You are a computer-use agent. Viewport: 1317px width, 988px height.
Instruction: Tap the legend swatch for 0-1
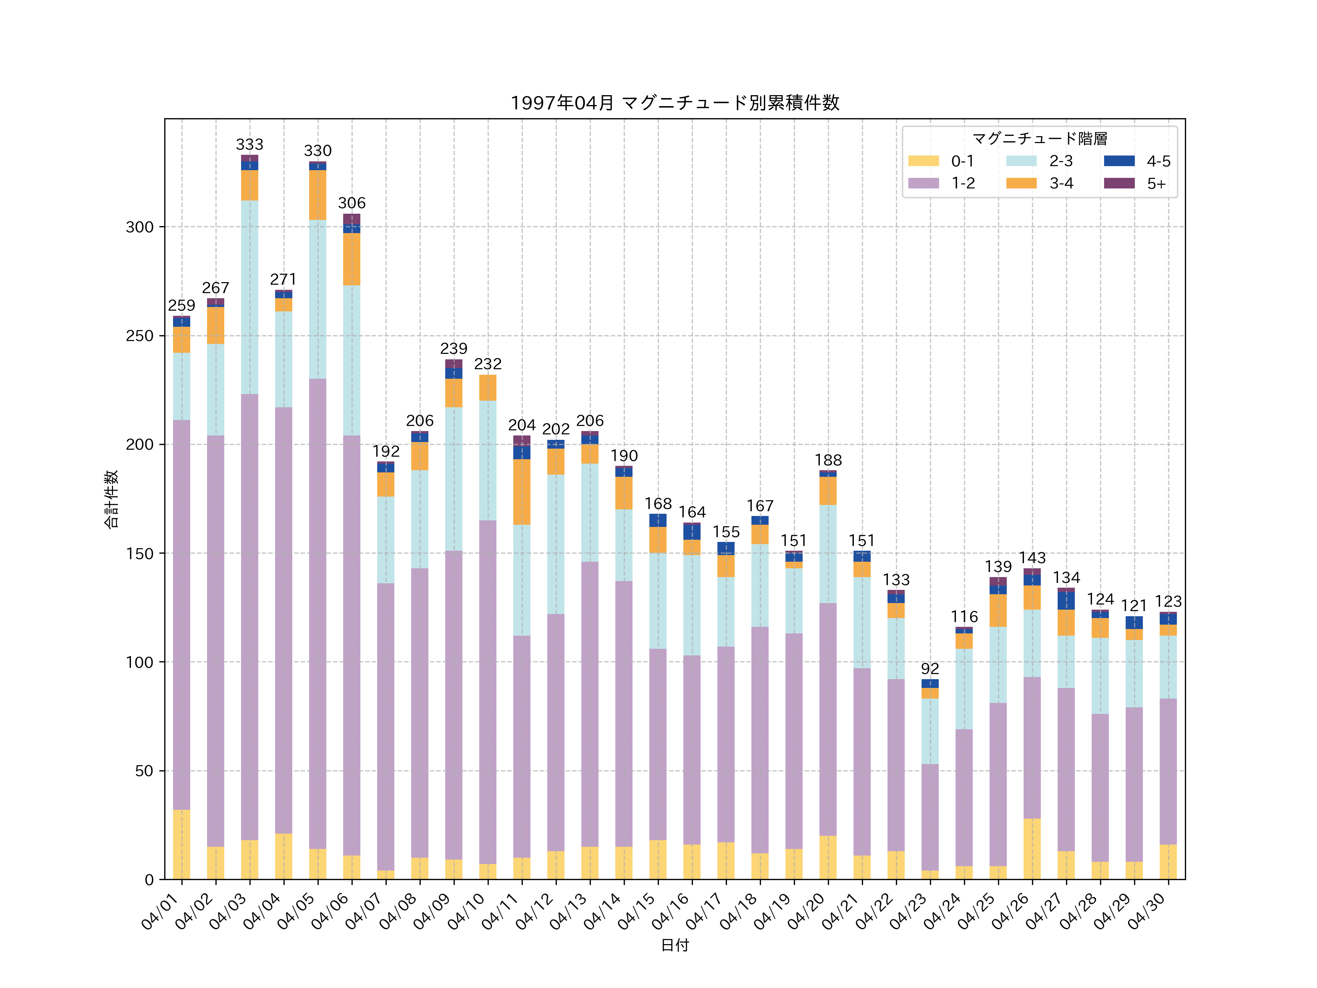pyautogui.click(x=923, y=161)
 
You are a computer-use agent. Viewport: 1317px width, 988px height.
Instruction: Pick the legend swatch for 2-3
pyautogui.click(x=1021, y=161)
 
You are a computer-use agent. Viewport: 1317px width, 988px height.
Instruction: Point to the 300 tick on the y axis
pyautogui.click(x=139, y=227)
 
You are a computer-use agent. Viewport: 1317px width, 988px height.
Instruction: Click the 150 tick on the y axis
pyautogui.click(x=139, y=553)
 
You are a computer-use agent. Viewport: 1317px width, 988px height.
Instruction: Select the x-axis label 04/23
pyautogui.click(x=910, y=911)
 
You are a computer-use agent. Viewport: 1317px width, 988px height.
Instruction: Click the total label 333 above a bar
pyautogui.click(x=249, y=145)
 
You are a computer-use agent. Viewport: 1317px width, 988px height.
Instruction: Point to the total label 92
pyautogui.click(x=930, y=669)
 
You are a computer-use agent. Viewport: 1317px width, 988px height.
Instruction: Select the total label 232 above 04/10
pyautogui.click(x=488, y=364)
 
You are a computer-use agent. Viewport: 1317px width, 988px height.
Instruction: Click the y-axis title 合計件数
pyautogui.click(x=111, y=499)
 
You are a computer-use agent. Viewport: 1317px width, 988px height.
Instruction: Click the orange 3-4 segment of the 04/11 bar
pyautogui.click(x=522, y=492)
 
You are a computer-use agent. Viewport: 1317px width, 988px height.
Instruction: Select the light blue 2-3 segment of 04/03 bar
pyautogui.click(x=249, y=297)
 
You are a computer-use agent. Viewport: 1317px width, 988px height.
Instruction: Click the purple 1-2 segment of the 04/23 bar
pyautogui.click(x=930, y=817)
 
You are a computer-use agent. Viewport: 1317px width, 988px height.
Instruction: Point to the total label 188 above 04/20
pyautogui.click(x=828, y=460)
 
